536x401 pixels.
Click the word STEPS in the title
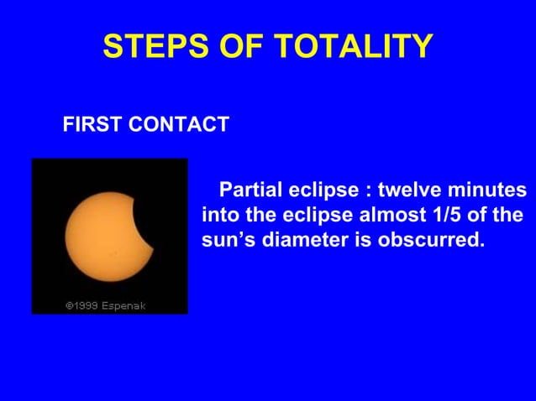click(x=147, y=48)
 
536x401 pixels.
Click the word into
click(x=219, y=214)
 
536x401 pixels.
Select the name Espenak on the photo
click(x=123, y=305)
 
